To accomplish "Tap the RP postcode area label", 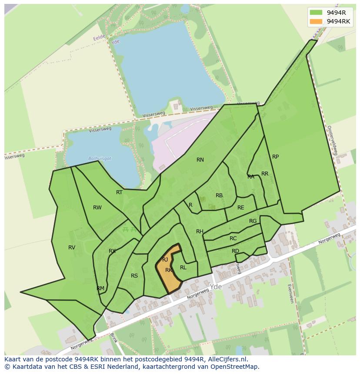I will (x=275, y=157).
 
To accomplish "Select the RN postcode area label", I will (x=200, y=160).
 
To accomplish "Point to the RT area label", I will (x=119, y=192).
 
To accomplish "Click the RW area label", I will (x=97, y=208).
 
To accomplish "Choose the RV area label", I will (x=72, y=248).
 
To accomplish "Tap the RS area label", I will (x=134, y=276).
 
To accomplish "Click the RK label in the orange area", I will (x=169, y=270).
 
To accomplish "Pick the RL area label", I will (x=183, y=268).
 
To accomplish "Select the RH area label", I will (x=200, y=232).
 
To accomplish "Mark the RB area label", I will (x=219, y=195).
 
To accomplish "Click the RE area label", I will (x=240, y=208).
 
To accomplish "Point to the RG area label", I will (x=253, y=221).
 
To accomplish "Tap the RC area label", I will (x=233, y=238).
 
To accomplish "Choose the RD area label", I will (x=235, y=251).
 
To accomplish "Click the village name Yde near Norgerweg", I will (x=215, y=287).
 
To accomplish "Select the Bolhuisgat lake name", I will (x=100, y=159).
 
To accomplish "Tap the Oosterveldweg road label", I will (x=332, y=141).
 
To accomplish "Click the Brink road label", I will (x=113, y=338).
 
